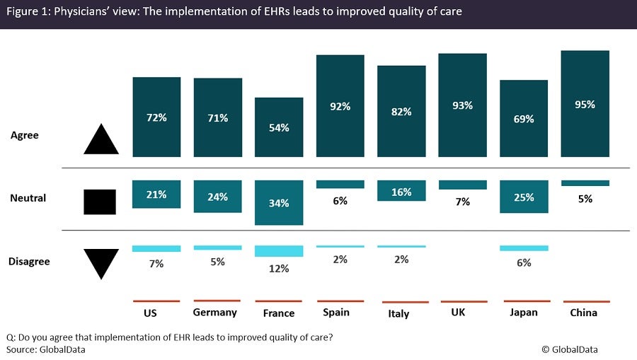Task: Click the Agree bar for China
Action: pos(585,103)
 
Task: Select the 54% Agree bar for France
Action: pos(279,127)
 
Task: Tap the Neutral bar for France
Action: pos(279,202)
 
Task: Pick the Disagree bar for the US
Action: pos(156,249)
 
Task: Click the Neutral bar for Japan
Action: pos(524,196)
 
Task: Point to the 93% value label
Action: pos(462,105)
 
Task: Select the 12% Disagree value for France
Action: pos(279,269)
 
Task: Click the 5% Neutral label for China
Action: pos(585,199)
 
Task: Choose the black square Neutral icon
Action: pos(100,202)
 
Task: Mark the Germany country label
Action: pos(214,313)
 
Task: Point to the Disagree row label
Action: pos(29,262)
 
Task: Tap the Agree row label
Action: pos(24,135)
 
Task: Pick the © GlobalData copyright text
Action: pos(574,349)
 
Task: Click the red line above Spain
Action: pos(340,301)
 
